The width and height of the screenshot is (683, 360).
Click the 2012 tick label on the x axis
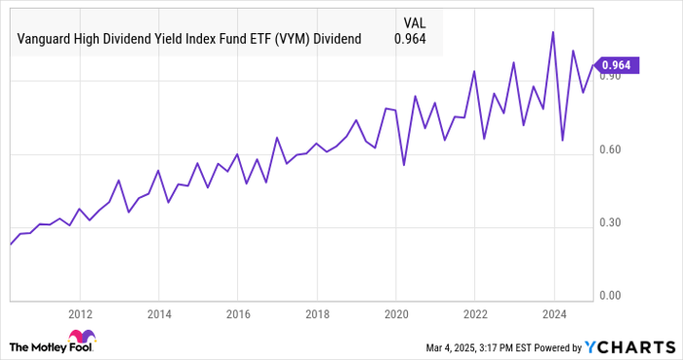pos(80,314)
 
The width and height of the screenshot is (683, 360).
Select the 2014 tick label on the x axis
pos(160,314)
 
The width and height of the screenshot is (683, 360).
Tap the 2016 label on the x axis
pos(239,314)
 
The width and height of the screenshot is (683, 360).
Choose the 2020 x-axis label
pos(395,314)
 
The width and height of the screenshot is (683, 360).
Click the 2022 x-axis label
pos(474,314)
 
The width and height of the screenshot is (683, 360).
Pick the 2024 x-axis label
pos(553,314)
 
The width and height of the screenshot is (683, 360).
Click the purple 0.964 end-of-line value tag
pos(617,65)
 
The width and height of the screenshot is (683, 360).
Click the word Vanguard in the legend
pos(44,39)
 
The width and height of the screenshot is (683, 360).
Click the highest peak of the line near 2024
pos(553,31)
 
